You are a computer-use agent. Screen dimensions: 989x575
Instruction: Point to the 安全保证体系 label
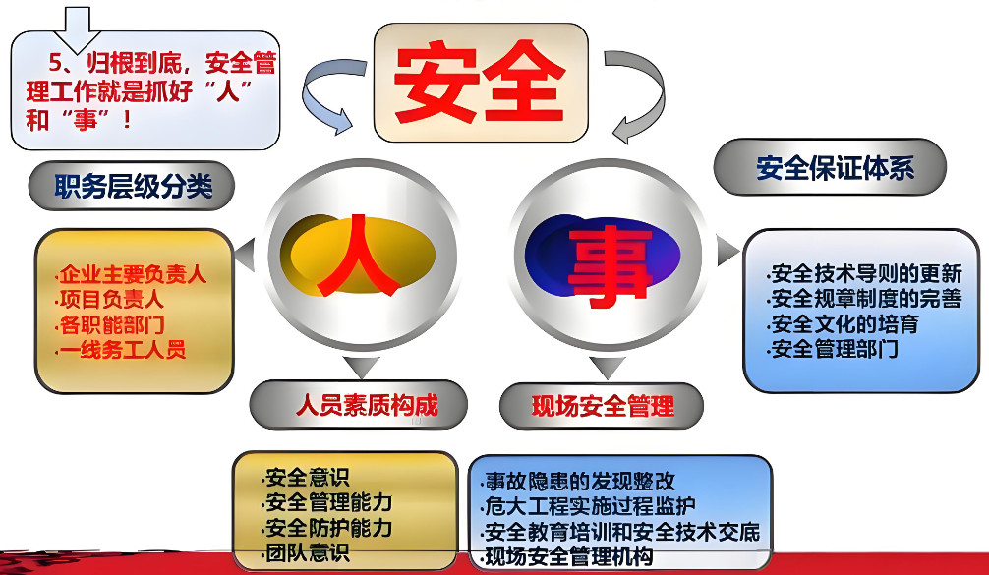[x=835, y=167]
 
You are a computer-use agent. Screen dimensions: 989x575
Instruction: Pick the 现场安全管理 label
[x=602, y=405]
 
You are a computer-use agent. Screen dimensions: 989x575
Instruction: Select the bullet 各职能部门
[x=109, y=325]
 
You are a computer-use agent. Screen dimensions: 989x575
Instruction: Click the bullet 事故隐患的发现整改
[x=580, y=482]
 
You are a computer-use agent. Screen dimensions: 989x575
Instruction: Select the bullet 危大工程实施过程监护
[x=590, y=507]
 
